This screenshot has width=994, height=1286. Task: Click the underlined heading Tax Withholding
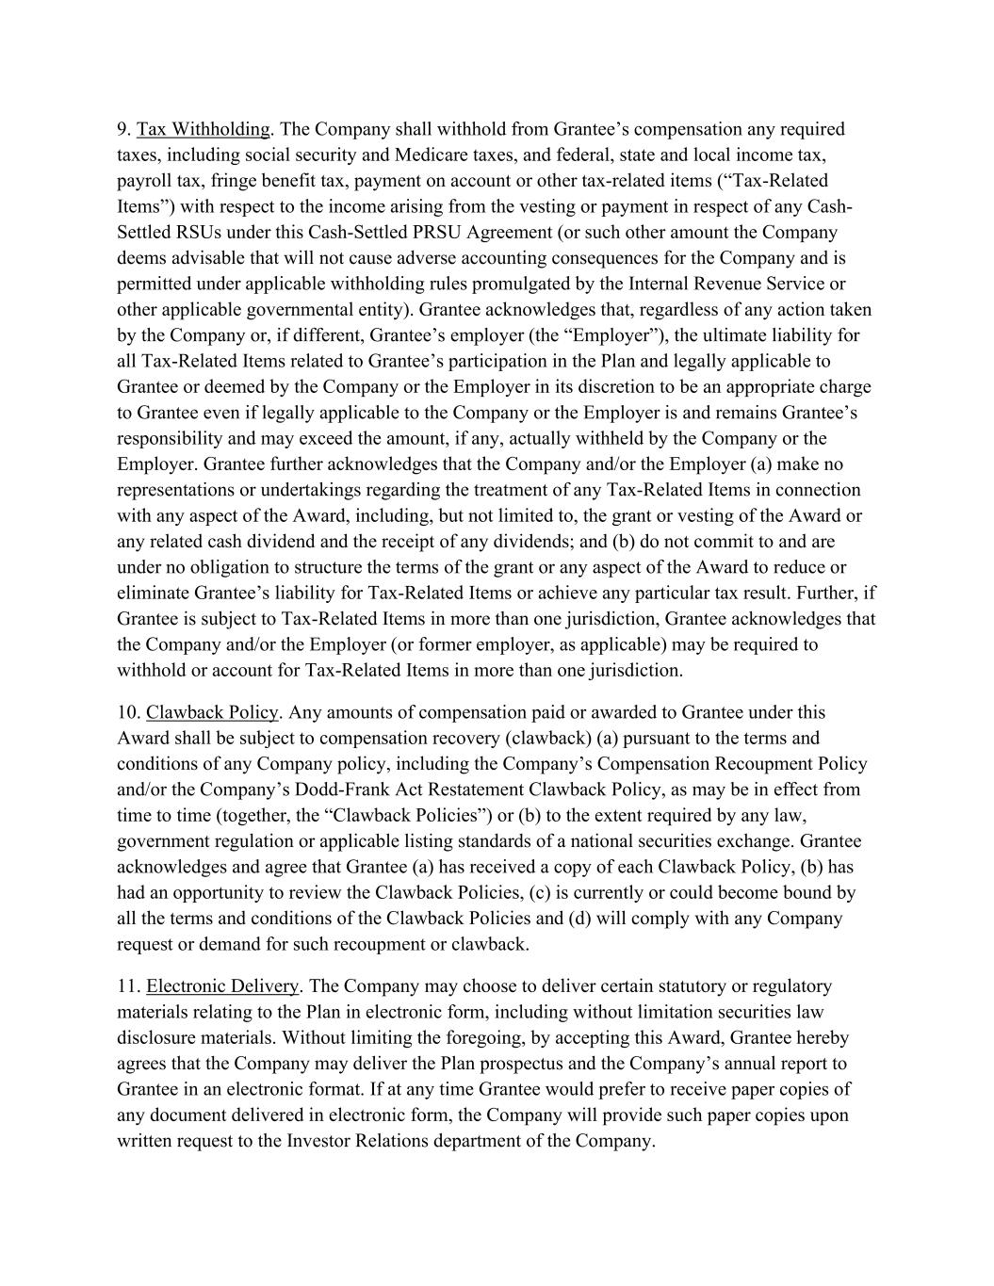click(x=203, y=129)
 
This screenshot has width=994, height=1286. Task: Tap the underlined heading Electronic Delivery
click(x=222, y=986)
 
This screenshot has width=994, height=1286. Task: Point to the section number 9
click(x=123, y=129)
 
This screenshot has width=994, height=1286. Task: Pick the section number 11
click(x=128, y=986)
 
